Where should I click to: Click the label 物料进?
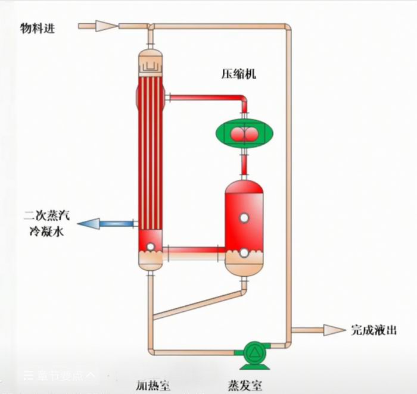click(37, 28)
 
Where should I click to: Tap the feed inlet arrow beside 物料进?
click(99, 26)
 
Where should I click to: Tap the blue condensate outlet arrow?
click(104, 224)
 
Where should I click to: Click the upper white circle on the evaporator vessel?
click(244, 218)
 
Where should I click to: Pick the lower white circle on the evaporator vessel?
click(244, 253)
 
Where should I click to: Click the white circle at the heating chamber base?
click(150, 246)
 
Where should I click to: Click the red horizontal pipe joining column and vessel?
click(194, 250)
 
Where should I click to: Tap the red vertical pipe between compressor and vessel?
click(244, 162)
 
